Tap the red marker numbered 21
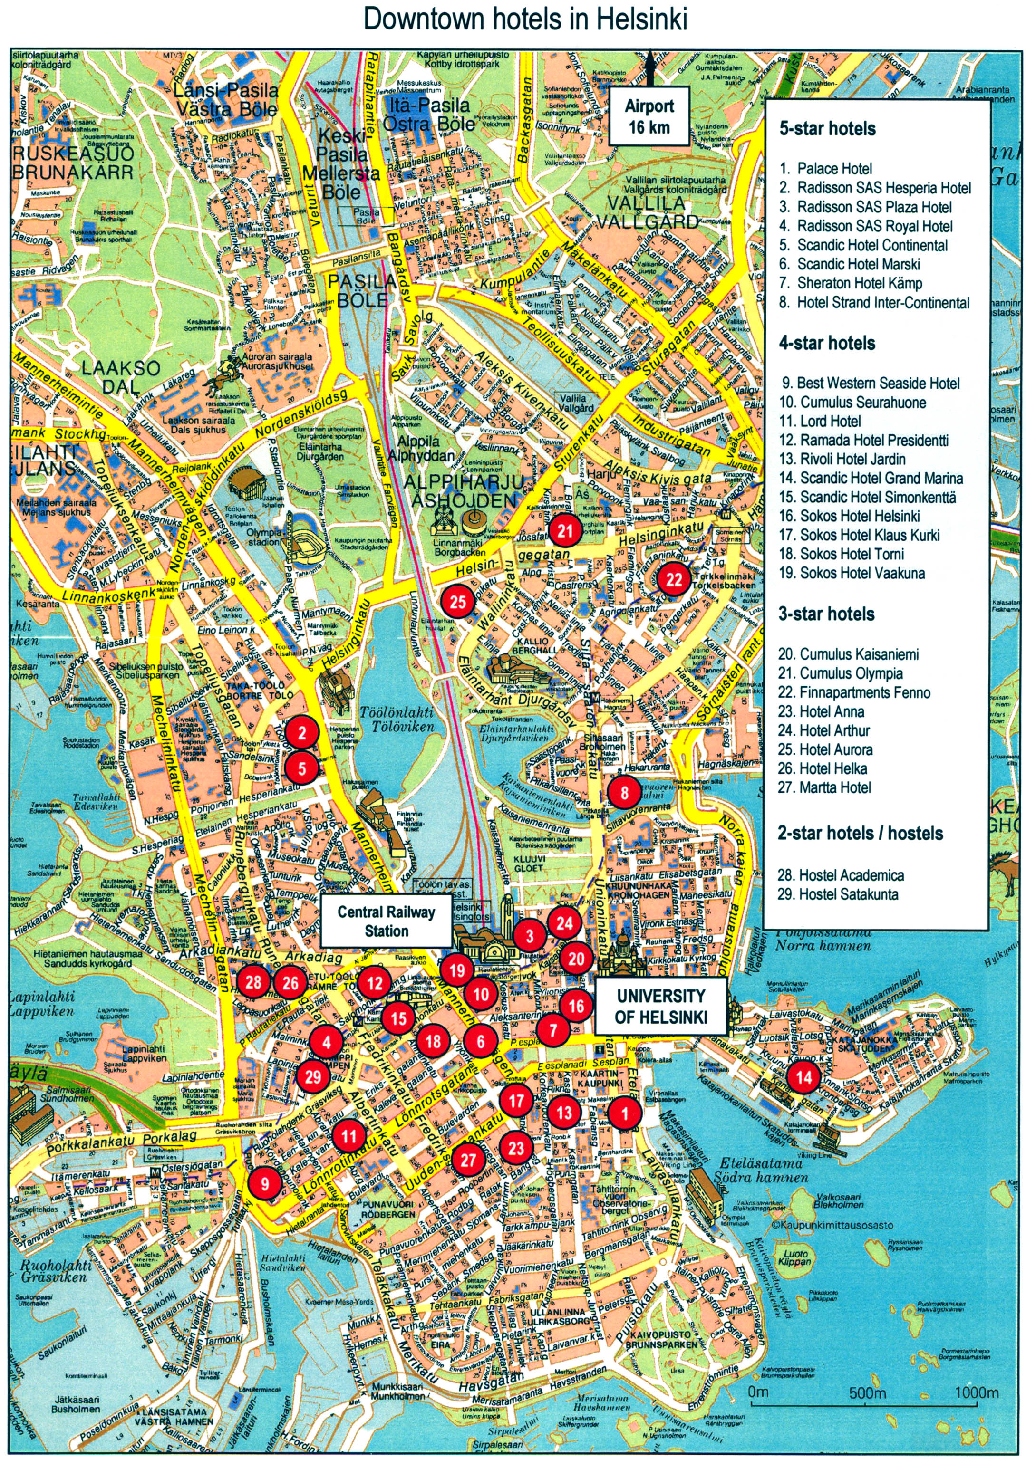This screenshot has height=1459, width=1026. (x=565, y=530)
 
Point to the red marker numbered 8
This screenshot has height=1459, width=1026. (x=624, y=792)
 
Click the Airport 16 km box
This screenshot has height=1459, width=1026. (x=649, y=116)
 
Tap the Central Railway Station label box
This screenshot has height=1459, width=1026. (x=386, y=921)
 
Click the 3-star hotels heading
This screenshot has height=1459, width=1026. (x=826, y=614)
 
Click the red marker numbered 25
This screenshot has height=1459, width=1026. (x=458, y=601)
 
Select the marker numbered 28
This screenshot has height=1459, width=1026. (x=253, y=982)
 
